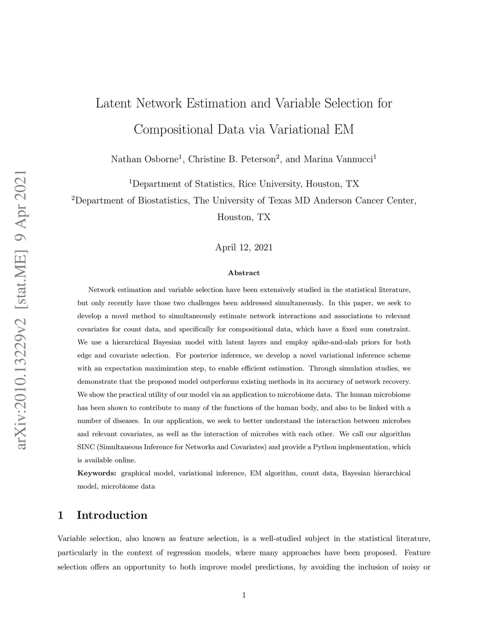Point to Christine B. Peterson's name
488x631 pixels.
point(232,159)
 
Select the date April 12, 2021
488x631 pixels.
point(244,247)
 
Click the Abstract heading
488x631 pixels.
point(244,273)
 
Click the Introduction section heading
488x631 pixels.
point(112,515)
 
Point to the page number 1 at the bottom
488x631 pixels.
point(244,595)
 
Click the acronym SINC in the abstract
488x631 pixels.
point(85,447)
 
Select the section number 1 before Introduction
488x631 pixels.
point(61,515)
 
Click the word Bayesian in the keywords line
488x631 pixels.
point(356,473)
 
